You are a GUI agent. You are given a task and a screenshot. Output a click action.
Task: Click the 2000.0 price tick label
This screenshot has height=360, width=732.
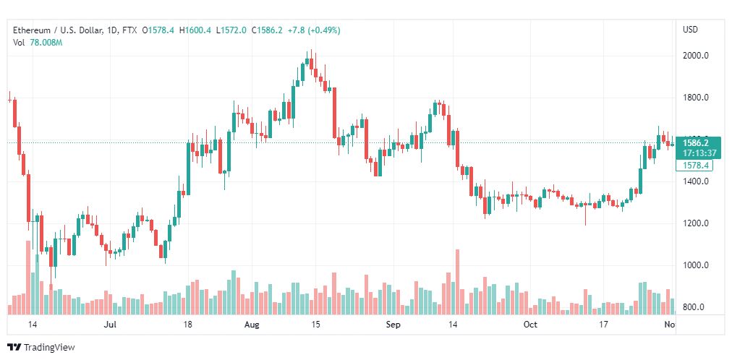coord(695,56)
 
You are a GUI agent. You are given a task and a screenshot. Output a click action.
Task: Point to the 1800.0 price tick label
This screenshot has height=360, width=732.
coord(695,98)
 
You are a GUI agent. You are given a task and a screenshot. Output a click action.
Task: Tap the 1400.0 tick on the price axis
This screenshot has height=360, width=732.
coord(695,181)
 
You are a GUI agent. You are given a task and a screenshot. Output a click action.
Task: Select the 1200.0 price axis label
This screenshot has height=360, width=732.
coord(695,223)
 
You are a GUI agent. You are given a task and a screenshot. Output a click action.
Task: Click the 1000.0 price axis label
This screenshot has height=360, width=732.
coord(695,265)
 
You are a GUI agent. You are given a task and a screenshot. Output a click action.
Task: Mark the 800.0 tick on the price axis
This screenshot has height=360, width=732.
coord(695,307)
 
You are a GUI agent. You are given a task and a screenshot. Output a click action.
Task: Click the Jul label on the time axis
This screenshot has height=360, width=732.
coord(111,325)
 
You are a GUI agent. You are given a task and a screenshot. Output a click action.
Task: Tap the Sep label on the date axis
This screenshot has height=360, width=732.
coord(392,325)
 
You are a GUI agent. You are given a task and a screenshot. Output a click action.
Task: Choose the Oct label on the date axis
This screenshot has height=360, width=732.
coord(530,325)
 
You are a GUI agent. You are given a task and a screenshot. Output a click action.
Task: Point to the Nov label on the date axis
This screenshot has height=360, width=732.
coord(669,325)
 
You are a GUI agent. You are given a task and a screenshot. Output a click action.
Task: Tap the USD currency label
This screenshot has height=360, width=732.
coord(690,30)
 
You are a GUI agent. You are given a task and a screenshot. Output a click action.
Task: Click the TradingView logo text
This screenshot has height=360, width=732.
coord(49,348)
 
